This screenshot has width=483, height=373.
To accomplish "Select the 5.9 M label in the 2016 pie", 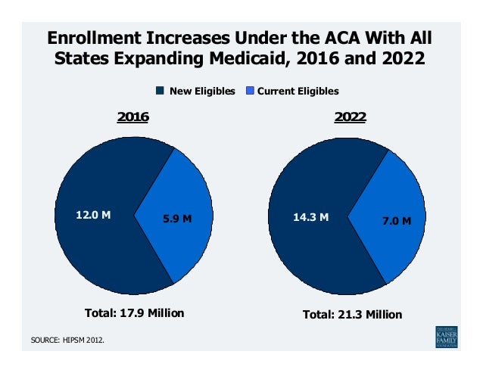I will pos(177,219).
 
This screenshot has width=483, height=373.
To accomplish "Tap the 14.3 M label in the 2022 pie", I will pos(310,217).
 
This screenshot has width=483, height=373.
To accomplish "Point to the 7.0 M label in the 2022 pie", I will pos(395,221).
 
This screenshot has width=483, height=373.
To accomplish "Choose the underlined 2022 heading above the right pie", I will pos(351,117).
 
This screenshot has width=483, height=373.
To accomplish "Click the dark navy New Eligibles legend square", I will pos(160,91).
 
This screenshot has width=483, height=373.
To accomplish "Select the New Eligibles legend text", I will pos(201,91).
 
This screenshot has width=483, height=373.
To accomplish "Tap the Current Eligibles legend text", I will pos(298,91).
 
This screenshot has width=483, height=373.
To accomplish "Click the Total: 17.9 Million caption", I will pos(133,312).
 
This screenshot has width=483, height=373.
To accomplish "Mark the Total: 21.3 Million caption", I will pos(352,314).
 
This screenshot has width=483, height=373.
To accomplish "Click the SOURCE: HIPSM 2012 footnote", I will pos(68,340).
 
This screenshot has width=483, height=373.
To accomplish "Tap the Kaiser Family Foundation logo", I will pos(447,336).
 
